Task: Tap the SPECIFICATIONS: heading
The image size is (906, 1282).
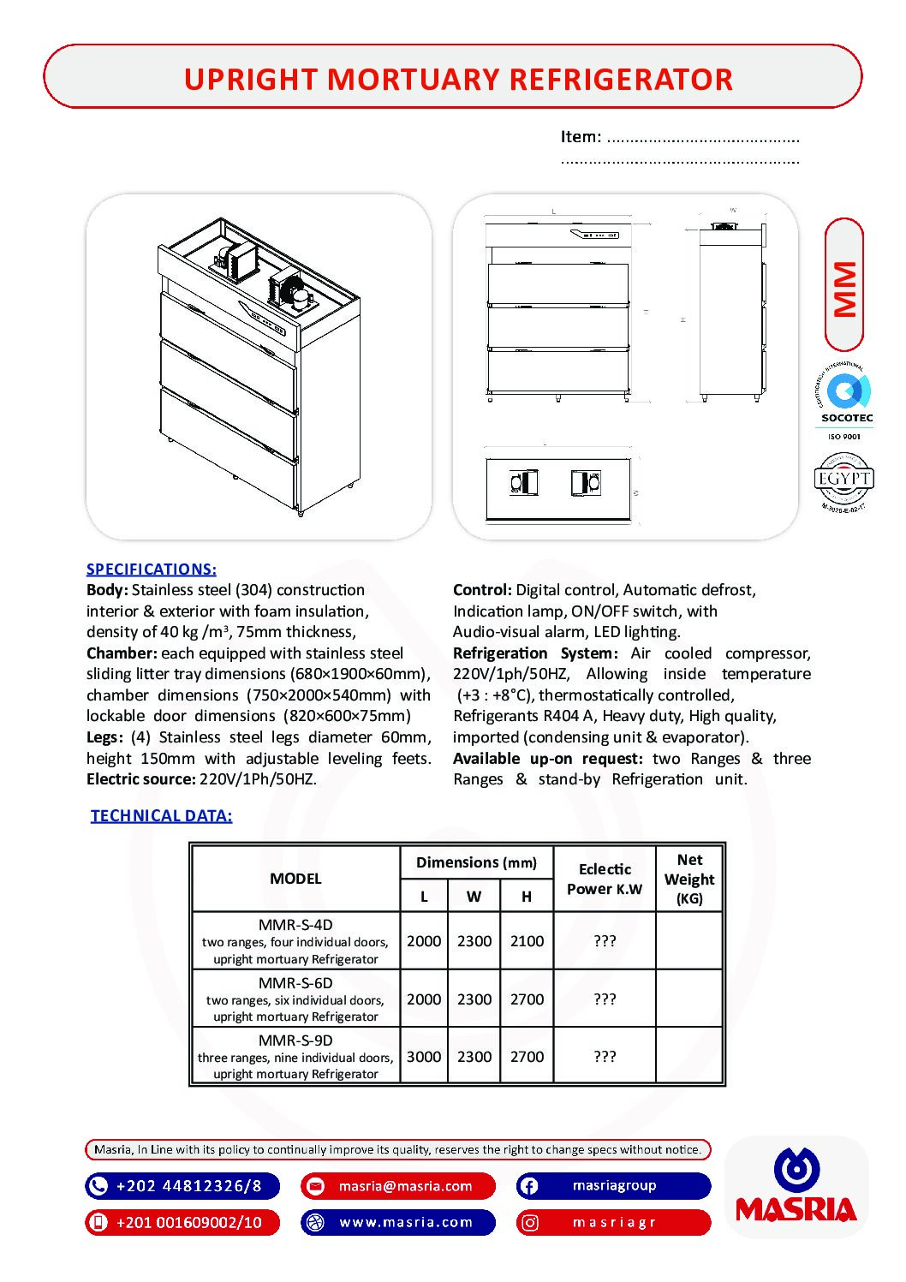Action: [152, 569]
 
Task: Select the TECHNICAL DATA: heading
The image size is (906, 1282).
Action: [161, 815]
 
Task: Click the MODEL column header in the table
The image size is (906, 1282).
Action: [295, 879]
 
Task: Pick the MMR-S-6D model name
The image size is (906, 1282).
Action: [295, 983]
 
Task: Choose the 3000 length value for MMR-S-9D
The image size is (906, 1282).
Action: [424, 1057]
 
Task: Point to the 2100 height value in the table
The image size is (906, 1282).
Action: [527, 941]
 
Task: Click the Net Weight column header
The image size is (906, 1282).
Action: [689, 879]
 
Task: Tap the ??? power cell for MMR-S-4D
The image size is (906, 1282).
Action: [605, 941]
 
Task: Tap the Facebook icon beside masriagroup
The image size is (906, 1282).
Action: [529, 1186]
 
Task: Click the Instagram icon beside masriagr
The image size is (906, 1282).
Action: [530, 1222]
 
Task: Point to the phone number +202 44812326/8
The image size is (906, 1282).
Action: [188, 1186]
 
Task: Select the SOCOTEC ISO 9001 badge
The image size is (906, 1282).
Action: [845, 402]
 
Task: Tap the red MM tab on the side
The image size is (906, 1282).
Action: [844, 286]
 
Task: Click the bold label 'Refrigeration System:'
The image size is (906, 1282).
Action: [535, 653]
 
